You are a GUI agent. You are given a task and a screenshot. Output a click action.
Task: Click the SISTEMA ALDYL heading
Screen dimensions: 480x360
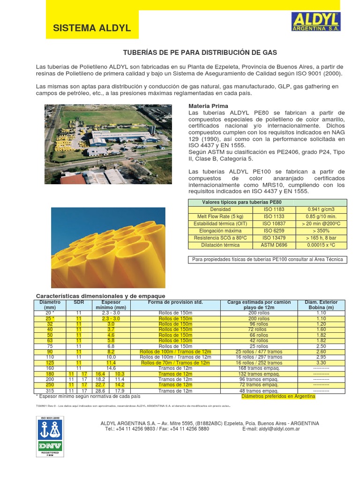[x=92, y=29]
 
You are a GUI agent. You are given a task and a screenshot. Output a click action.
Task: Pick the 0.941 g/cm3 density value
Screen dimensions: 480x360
[x=322, y=210]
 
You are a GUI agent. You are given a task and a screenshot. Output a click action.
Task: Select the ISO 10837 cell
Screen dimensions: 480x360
[x=274, y=224]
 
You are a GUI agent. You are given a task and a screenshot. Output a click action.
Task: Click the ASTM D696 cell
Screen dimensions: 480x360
[x=274, y=245]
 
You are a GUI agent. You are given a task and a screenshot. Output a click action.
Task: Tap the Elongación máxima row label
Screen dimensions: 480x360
[x=220, y=231]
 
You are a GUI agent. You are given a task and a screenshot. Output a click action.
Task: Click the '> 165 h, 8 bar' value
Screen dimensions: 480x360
[x=322, y=238]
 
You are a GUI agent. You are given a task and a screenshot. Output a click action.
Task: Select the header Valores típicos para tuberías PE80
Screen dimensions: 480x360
[x=241, y=202]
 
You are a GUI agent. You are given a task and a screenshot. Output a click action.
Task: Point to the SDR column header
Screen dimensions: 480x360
[x=78, y=302]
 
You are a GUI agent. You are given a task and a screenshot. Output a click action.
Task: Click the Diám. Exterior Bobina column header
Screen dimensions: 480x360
[x=321, y=305]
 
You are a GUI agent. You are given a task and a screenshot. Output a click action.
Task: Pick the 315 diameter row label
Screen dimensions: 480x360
[x=50, y=390]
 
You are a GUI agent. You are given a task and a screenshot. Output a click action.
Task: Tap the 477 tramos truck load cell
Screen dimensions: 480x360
[x=259, y=352]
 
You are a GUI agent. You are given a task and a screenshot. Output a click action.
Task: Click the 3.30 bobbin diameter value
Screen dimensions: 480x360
[x=321, y=363]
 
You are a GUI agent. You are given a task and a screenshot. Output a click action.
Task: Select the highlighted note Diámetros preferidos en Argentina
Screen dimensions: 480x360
[x=278, y=397]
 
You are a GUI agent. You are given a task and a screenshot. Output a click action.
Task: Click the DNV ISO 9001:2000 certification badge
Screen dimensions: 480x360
[x=50, y=436]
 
